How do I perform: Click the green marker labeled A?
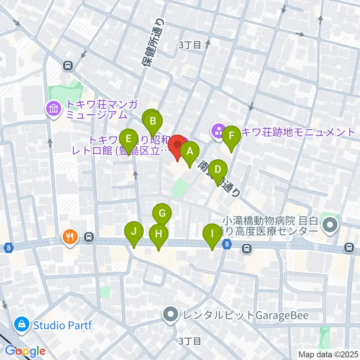tap(190, 151)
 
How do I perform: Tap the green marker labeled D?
tap(218, 170)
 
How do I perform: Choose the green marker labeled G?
tap(162, 214)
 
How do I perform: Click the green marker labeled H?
tap(158, 234)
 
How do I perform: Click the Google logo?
tap(25, 351)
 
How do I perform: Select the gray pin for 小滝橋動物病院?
tap(331, 225)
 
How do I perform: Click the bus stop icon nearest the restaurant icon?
tap(89, 237)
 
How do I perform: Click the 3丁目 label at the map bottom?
tap(190, 341)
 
